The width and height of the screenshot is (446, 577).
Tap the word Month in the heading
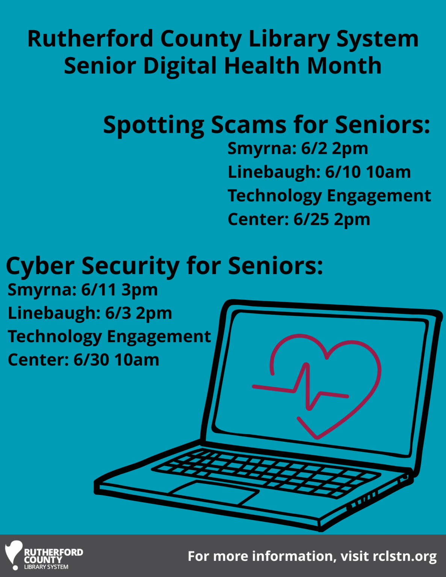pyautogui.click(x=344, y=65)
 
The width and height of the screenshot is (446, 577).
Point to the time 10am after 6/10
pyautogui.click(x=389, y=172)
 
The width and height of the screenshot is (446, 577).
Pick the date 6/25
pyautogui.click(x=311, y=219)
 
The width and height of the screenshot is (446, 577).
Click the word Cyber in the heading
pyautogui.click(x=40, y=266)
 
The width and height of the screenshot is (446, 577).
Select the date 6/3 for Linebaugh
pyautogui.click(x=118, y=313)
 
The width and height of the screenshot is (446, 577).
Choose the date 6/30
pyautogui.click(x=91, y=360)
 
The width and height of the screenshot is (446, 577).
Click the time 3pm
pyautogui.click(x=140, y=290)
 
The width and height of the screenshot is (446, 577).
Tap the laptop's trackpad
pyautogui.click(x=213, y=493)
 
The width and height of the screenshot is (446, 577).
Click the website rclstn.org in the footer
pyautogui.click(x=405, y=556)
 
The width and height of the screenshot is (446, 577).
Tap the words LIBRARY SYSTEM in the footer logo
pyautogui.click(x=46, y=567)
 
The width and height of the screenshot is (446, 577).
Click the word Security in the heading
pyautogui.click(x=130, y=266)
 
